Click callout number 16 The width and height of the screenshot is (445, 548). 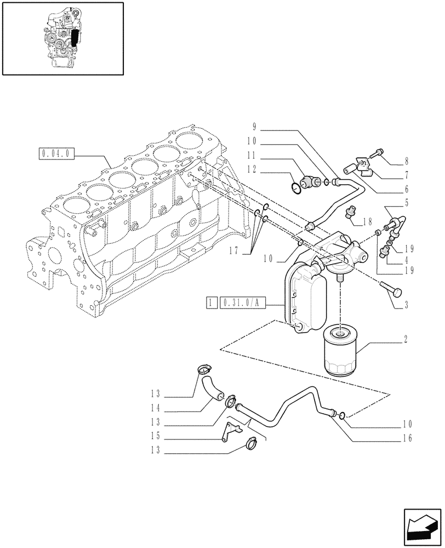pyautogui.click(x=406, y=438)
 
